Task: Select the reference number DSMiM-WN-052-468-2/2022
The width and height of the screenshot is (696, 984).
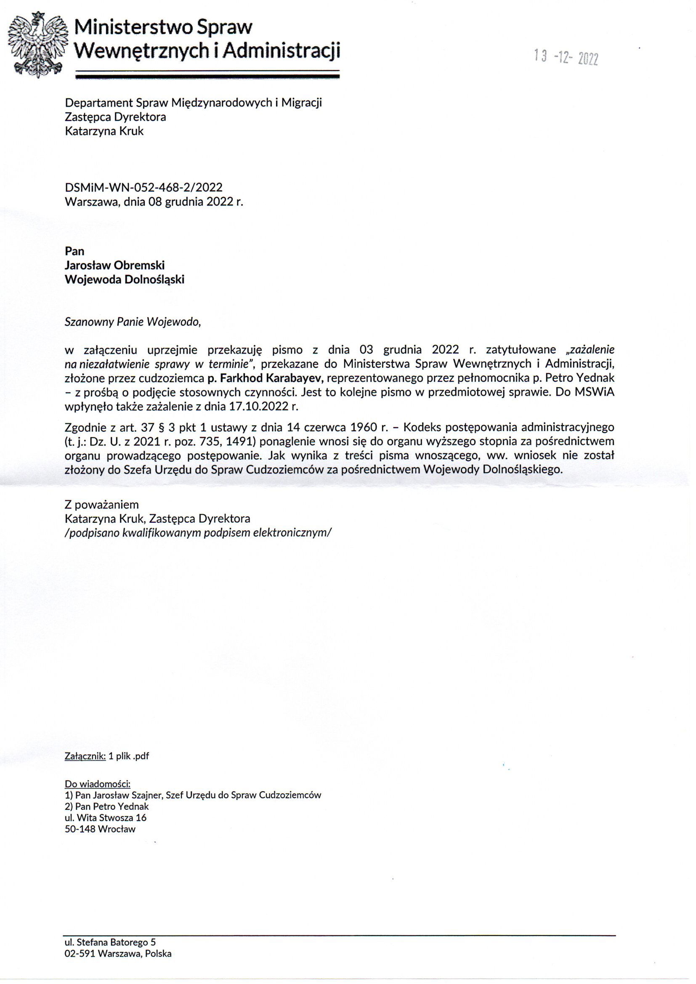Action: click(x=143, y=187)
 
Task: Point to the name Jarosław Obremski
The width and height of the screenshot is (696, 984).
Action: click(x=114, y=265)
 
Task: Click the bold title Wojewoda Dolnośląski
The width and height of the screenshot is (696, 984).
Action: click(x=124, y=280)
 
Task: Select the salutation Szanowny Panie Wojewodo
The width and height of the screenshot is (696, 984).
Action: click(x=133, y=322)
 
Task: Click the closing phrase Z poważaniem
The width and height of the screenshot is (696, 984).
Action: click(x=101, y=505)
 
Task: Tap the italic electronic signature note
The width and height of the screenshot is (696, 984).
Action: click(x=198, y=533)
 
